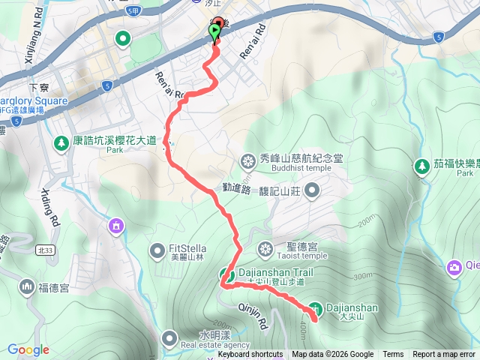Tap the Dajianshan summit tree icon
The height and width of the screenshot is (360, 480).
(316, 307)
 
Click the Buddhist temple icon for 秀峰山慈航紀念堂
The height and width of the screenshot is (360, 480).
(247, 160)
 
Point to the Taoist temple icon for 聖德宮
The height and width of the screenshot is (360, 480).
(265, 248)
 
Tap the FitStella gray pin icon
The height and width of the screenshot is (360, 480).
(157, 249)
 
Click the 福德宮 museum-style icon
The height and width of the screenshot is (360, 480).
(27, 286)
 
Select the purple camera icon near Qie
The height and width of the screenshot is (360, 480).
(454, 266)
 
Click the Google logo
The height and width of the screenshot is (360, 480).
(28, 349)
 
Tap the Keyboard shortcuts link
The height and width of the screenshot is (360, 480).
(250, 355)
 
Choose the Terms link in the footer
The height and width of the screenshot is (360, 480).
(393, 355)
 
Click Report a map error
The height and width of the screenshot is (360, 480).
(445, 355)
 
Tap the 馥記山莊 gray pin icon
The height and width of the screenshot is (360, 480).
(312, 190)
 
